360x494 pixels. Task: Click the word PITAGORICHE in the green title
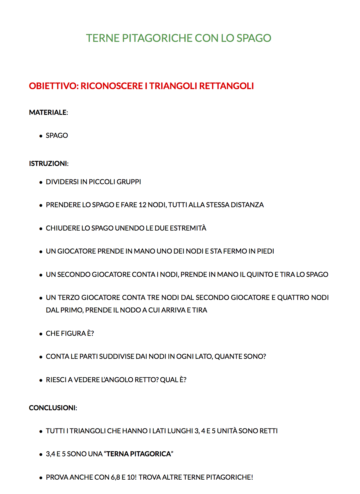[x=157, y=38]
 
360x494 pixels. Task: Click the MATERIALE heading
[x=48, y=112]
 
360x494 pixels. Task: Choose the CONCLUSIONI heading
[x=53, y=408]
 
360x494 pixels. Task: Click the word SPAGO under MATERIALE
[x=57, y=136]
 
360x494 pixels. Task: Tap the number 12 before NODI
[x=143, y=205]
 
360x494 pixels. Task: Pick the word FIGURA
[x=73, y=334]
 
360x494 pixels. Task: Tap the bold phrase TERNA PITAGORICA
[x=139, y=454]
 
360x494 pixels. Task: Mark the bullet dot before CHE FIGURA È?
[x=41, y=334]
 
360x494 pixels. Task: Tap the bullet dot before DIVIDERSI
[x=41, y=182]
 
